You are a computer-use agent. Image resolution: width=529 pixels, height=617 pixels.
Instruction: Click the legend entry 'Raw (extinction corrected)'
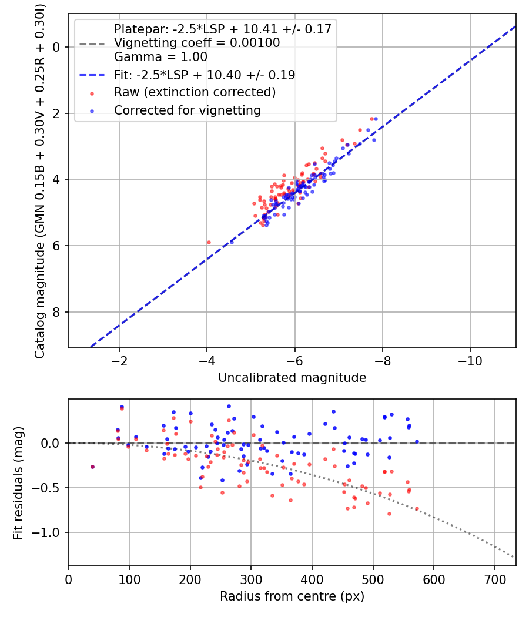click(x=195, y=92)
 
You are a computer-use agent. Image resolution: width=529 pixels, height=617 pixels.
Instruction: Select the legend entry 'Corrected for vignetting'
click(x=187, y=110)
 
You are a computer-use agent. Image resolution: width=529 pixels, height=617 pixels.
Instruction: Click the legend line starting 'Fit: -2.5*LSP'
click(x=205, y=75)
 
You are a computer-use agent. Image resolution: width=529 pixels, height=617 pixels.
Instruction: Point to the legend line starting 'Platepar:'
click(x=222, y=29)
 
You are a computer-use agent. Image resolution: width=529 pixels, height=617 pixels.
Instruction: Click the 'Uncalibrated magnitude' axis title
click(x=292, y=378)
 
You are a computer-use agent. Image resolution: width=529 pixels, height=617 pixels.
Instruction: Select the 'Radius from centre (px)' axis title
click(x=292, y=596)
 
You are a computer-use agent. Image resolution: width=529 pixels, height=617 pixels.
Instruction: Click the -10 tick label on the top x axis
click(x=469, y=360)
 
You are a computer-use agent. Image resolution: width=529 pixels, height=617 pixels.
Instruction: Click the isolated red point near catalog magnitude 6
click(x=209, y=242)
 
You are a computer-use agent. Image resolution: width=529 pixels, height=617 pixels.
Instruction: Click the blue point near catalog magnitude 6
click(x=232, y=242)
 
